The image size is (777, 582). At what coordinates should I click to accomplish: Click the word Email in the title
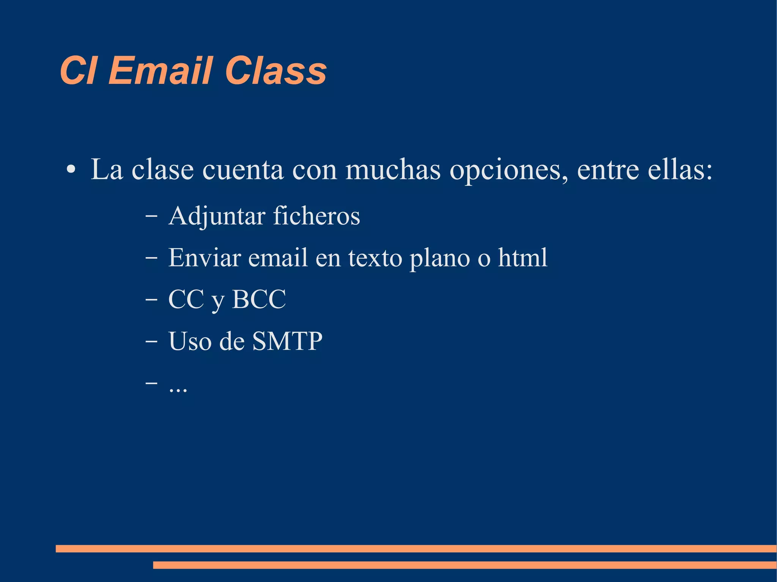click(160, 71)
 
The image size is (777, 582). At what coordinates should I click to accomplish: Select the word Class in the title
click(276, 71)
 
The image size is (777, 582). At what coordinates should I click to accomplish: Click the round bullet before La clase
click(71, 169)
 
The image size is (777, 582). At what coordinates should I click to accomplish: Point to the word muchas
click(393, 169)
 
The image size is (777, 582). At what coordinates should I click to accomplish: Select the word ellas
click(679, 169)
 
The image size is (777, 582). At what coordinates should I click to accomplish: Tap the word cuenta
click(243, 170)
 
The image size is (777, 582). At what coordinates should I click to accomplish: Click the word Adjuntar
click(217, 216)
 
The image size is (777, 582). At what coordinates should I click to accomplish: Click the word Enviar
click(204, 257)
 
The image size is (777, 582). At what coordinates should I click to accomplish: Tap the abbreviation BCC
click(259, 299)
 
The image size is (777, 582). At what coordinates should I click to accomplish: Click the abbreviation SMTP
click(287, 341)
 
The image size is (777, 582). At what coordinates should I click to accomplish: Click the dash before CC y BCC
click(151, 300)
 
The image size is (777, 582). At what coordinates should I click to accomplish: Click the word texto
click(375, 258)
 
